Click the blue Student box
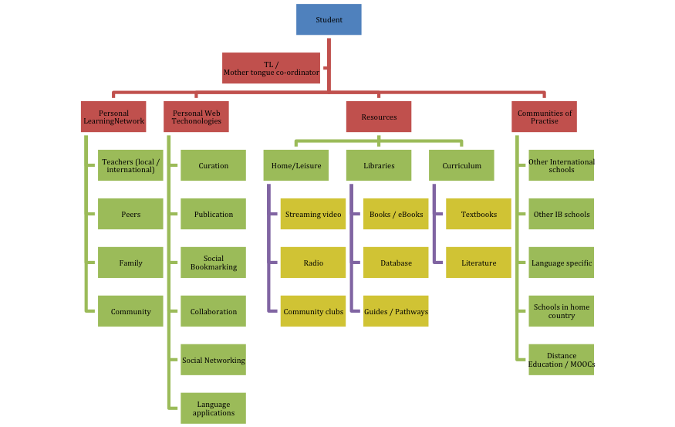pyautogui.click(x=329, y=19)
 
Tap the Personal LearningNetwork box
pyautogui.click(x=114, y=117)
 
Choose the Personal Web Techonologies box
pyautogui.click(x=196, y=117)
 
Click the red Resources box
pyautogui.click(x=379, y=117)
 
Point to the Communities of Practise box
pyautogui.click(x=545, y=117)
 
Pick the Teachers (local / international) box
pyautogui.click(x=130, y=166)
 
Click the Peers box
pyautogui.click(x=130, y=214)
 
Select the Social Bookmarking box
pyautogui.click(x=214, y=263)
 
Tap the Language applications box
pyautogui.click(x=214, y=408)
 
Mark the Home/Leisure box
pyautogui.click(x=295, y=166)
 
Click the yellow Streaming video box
pyautogui.click(x=313, y=214)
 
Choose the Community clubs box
pyautogui.click(x=313, y=311)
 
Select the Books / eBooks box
pyautogui.click(x=396, y=214)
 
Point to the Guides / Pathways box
pyautogui.click(x=396, y=311)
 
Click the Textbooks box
pyautogui.click(x=478, y=214)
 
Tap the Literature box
pyautogui.click(x=478, y=263)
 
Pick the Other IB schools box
pyautogui.click(x=562, y=214)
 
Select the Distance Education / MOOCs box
pyautogui.click(x=562, y=360)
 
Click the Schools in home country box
pyautogui.click(x=562, y=311)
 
